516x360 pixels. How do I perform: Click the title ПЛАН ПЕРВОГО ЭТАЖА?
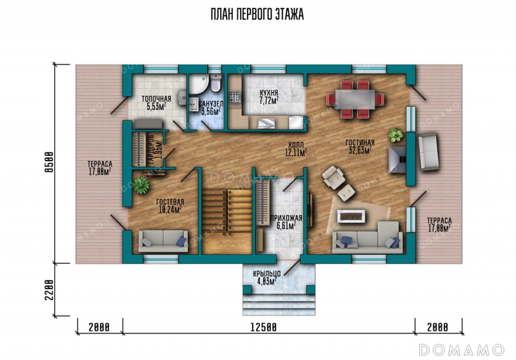pyautogui.click(x=257, y=14)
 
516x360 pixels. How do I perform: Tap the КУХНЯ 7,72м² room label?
pyautogui.click(x=269, y=97)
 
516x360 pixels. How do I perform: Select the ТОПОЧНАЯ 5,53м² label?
pyautogui.click(x=156, y=102)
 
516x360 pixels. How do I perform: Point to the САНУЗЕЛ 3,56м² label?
pyautogui.click(x=211, y=108)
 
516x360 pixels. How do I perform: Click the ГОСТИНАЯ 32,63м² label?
pyautogui.click(x=360, y=146)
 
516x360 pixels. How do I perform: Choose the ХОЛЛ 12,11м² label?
pyautogui.click(x=296, y=149)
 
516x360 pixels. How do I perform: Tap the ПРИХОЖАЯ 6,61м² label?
pyautogui.click(x=286, y=222)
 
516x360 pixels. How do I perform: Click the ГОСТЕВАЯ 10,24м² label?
pyautogui.click(x=170, y=206)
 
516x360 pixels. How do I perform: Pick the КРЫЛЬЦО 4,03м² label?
pyautogui.click(x=267, y=277)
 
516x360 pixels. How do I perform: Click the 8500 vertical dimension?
pyautogui.click(x=49, y=162)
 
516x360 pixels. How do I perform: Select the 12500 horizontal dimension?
pyautogui.click(x=264, y=328)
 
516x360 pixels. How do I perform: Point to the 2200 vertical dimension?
pyautogui.click(x=49, y=290)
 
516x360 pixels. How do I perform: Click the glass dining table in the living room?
pyautogui.click(x=355, y=99)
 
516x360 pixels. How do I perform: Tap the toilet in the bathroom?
pyautogui.click(x=215, y=83)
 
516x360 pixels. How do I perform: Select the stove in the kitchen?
pyautogui.click(x=235, y=97)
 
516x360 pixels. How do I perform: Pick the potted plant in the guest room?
pyautogui.click(x=142, y=185)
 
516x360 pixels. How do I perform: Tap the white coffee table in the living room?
pyautogui.click(x=351, y=216)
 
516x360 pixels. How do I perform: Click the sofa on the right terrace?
pyautogui.click(x=428, y=152)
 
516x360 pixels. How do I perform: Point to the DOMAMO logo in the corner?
pyautogui.click(x=461, y=350)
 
